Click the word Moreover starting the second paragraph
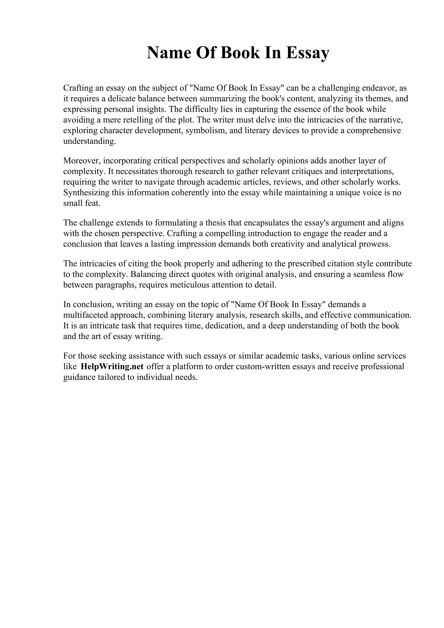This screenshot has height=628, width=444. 81,161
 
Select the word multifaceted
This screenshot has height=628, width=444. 86,315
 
